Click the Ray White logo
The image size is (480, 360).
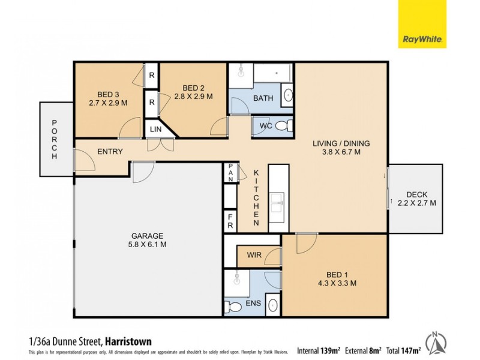422,24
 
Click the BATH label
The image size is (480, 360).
263,98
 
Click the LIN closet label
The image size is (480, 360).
155,129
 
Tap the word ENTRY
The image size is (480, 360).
110,152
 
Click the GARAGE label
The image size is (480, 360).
148,236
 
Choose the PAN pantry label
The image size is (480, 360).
230,173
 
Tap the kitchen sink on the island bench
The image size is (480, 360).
278,201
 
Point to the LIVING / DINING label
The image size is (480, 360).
341,143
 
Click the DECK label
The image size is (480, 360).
416,194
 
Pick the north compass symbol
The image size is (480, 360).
437,341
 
